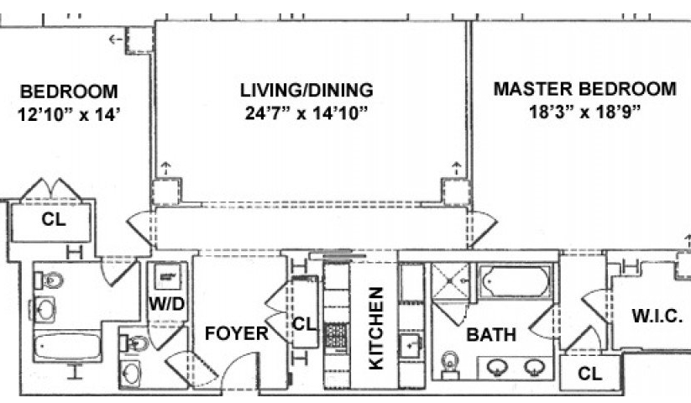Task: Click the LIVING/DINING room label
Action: [306, 90]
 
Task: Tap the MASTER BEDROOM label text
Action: [584, 89]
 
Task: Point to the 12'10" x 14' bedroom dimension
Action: [69, 115]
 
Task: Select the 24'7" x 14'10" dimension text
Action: [306, 113]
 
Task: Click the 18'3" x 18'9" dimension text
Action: [584, 112]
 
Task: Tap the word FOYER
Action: [237, 333]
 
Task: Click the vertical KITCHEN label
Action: [376, 328]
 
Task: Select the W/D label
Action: [166, 304]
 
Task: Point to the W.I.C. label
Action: [657, 316]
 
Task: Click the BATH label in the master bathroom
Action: [491, 335]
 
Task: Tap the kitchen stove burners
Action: [336, 337]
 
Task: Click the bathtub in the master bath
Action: [515, 281]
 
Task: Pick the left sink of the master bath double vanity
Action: [497, 366]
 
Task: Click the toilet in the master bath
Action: [450, 364]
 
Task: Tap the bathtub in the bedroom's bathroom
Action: [67, 347]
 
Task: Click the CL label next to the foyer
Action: [305, 325]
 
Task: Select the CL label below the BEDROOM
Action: [54, 219]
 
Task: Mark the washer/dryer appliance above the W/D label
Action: [167, 277]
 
